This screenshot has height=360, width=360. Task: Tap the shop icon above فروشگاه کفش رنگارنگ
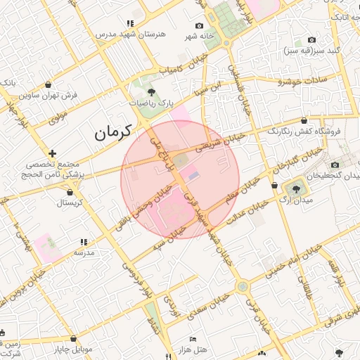pos(304,121)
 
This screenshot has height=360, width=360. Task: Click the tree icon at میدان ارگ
pos(295,188)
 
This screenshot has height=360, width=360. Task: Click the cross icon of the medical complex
pos(53,153)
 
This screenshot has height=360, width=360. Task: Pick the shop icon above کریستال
pos(70,191)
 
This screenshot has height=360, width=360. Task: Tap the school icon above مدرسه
pos(83,241)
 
